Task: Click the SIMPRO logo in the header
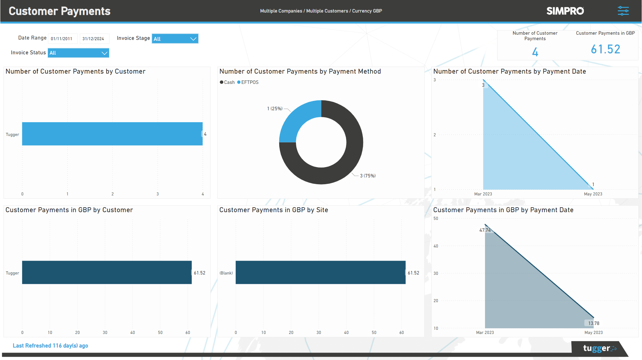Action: coord(565,11)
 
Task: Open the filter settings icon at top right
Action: coord(623,11)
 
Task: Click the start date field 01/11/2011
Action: coord(62,39)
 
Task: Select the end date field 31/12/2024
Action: coord(94,39)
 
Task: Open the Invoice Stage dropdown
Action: coord(175,39)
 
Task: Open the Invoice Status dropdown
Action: coord(78,53)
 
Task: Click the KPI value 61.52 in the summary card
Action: coord(605,49)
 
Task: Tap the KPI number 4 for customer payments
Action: coord(535,52)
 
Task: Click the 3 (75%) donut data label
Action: coord(368,176)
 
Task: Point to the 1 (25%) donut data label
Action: coord(275,109)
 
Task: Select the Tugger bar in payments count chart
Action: coord(112,134)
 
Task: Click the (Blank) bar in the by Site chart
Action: coord(320,272)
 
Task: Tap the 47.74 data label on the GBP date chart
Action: coord(485,230)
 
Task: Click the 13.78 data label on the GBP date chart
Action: coord(593,323)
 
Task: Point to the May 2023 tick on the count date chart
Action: coord(593,194)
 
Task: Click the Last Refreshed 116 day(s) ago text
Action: coord(50,346)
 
